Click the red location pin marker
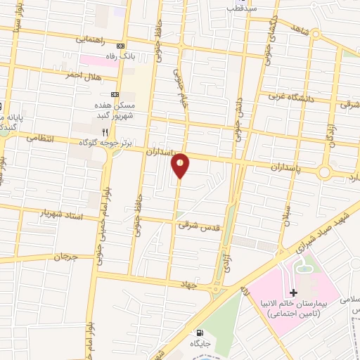click(181, 165)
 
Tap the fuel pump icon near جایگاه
click(200, 333)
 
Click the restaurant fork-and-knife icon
click(105, 131)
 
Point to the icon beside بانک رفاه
click(120, 46)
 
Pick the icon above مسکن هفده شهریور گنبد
click(115, 94)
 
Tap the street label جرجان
click(67, 257)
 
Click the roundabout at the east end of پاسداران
click(325, 172)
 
